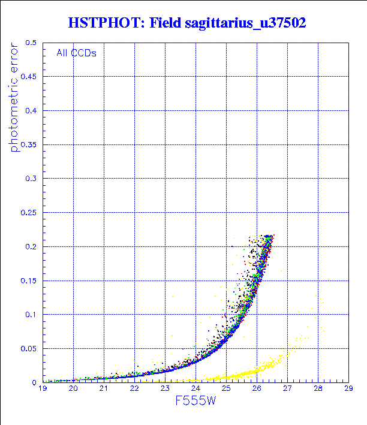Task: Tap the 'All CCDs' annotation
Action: (x=76, y=53)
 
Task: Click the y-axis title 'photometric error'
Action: (x=14, y=100)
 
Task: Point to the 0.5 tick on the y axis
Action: (x=31, y=43)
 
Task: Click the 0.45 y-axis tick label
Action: (x=29, y=77)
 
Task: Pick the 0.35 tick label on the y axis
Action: (x=29, y=144)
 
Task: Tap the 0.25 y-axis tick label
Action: (x=29, y=212)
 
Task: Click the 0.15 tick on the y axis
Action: (x=29, y=281)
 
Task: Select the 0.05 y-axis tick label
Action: (x=29, y=348)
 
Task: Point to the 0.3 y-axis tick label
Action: (x=31, y=179)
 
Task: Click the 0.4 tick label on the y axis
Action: (x=31, y=111)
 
